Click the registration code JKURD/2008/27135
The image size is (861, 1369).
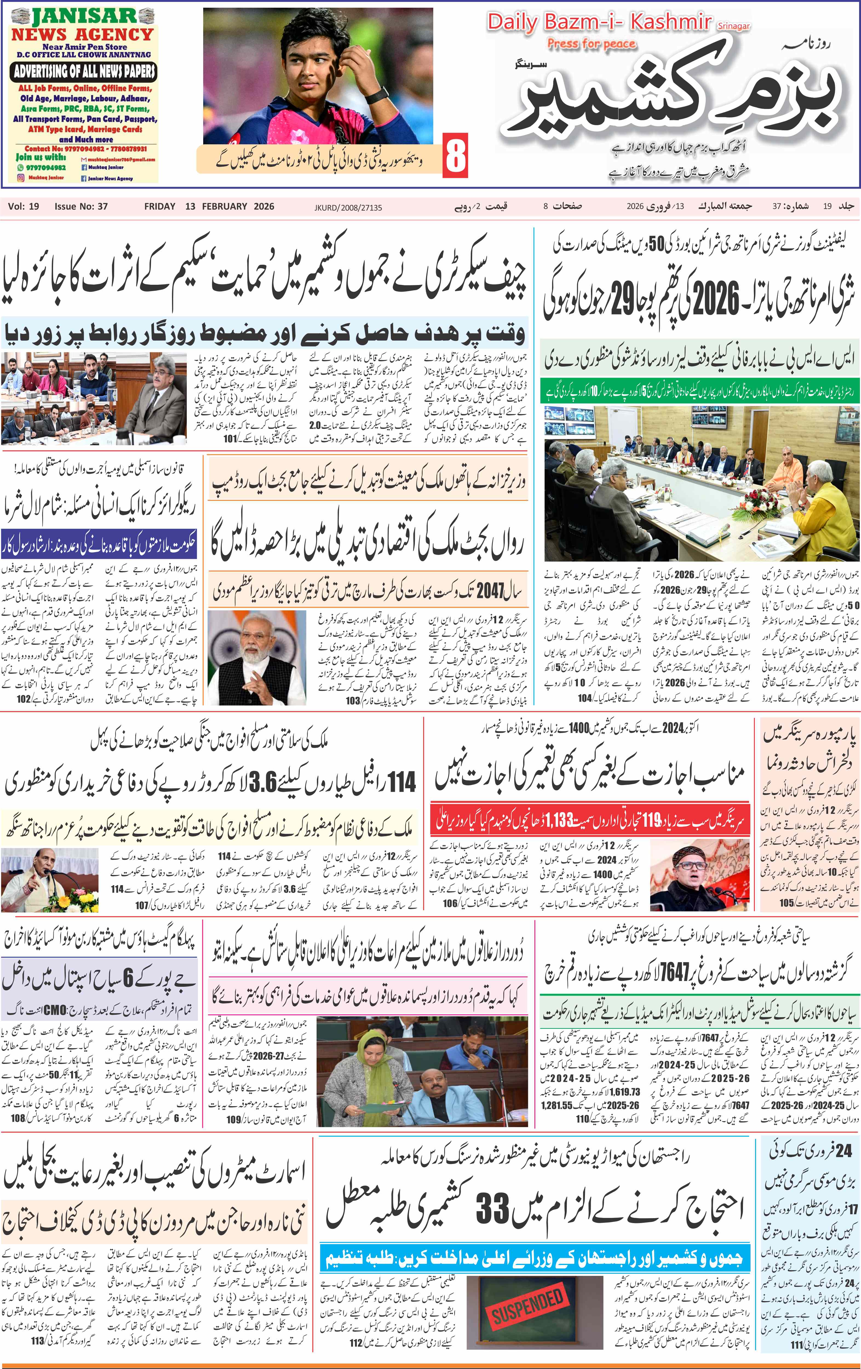348,208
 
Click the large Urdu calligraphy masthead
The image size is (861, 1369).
674,97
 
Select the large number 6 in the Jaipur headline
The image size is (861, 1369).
128,978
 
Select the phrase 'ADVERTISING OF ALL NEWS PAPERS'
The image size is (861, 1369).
84,71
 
